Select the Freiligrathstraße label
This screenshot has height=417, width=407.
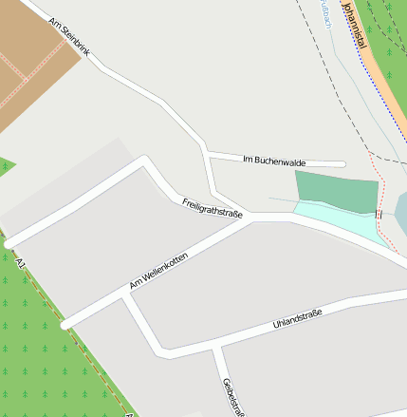pos(213,208)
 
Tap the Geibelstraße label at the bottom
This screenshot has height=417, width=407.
pos(233,396)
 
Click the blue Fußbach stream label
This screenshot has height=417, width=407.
pos(324,13)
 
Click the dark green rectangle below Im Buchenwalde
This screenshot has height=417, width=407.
pos(336,190)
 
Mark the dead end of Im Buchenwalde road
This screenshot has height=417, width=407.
pos(342,163)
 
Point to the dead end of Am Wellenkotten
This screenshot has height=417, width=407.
pos(65,325)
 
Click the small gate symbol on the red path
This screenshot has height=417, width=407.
pos(379,215)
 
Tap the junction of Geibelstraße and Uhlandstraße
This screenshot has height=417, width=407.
pos(215,348)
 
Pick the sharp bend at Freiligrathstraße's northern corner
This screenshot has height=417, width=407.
pos(143,160)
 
